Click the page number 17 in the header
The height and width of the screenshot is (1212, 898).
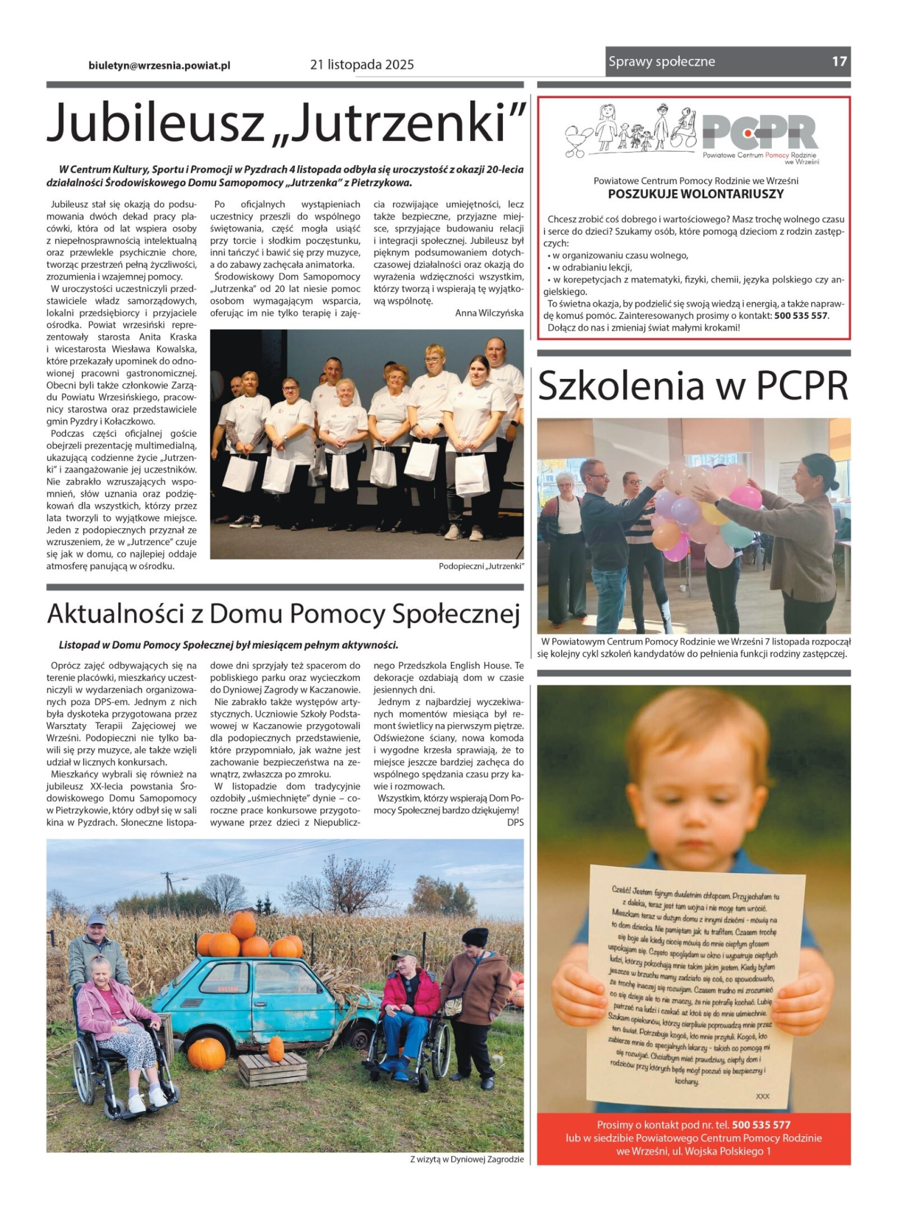pyautogui.click(x=839, y=61)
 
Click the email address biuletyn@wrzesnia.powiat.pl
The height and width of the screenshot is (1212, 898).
pyautogui.click(x=159, y=65)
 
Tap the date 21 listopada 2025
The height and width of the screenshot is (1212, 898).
pyautogui.click(x=362, y=65)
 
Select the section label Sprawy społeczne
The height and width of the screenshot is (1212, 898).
pyautogui.click(x=661, y=61)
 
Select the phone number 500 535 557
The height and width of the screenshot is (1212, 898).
pyautogui.click(x=801, y=316)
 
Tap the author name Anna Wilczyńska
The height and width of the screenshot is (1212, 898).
pyautogui.click(x=489, y=313)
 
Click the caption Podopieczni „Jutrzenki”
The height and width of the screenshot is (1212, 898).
pyautogui.click(x=481, y=567)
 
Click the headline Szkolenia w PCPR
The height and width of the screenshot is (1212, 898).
pyautogui.click(x=693, y=386)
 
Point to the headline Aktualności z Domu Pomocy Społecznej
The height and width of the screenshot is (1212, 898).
pyautogui.click(x=283, y=614)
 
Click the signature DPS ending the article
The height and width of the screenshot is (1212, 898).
pyautogui.click(x=515, y=822)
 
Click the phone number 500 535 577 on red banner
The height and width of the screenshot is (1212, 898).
pyautogui.click(x=761, y=1125)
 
